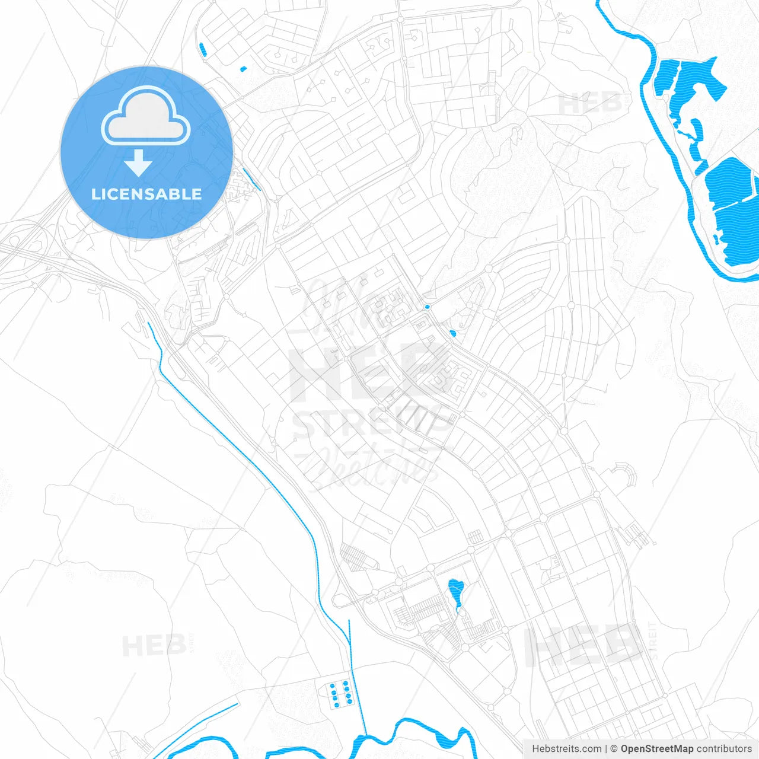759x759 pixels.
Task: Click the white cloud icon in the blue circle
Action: pyautogui.click(x=146, y=116)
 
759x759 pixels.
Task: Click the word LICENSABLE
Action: pyautogui.click(x=146, y=194)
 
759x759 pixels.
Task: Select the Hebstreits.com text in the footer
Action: pyautogui.click(x=566, y=749)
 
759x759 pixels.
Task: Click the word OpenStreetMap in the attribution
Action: pyautogui.click(x=656, y=749)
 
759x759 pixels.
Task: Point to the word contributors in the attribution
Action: pyautogui.click(x=724, y=749)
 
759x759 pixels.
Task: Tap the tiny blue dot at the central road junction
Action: pyautogui.click(x=428, y=307)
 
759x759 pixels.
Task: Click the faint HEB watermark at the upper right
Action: pyautogui.click(x=590, y=104)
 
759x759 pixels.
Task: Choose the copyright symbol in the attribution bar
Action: pyautogui.click(x=614, y=749)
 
